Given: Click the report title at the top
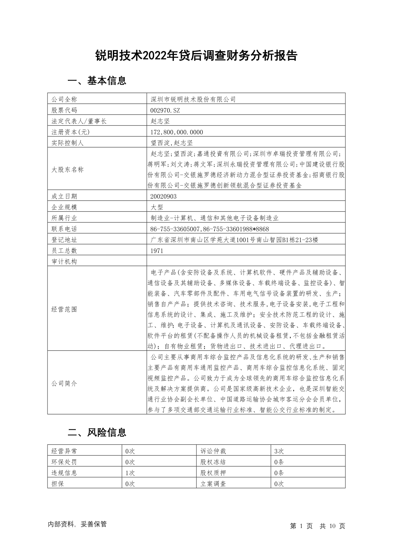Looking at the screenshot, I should pos(196,56).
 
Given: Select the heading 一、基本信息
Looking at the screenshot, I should pos(97,81).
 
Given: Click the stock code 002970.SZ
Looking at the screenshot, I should pos(165,110).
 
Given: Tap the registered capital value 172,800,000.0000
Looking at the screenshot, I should pos(177,132).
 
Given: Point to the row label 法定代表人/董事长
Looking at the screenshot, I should pos(79,121).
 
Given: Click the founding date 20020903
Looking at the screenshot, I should pos(163,196).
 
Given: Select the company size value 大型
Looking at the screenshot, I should pos(157,207).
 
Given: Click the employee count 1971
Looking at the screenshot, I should pos(157,251).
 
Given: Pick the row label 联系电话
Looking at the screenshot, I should pos(64,229).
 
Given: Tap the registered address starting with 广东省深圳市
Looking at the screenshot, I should pos(234,240).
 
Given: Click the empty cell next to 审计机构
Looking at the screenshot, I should pos(246,262).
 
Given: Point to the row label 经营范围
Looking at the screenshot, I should pos(64,309).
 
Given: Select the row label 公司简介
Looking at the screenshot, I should pos(64,383).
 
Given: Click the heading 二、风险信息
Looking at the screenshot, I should pos(97,432).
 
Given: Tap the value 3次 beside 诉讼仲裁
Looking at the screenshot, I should pos(279,451).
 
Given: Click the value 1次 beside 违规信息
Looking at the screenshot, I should pos(130,473).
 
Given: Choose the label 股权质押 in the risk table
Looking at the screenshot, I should pos(213,473).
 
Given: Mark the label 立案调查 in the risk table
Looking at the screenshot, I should pos(213,484).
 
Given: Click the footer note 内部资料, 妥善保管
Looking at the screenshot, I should pos(77,524).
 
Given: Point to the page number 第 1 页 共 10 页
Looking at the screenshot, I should pos(317,526).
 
